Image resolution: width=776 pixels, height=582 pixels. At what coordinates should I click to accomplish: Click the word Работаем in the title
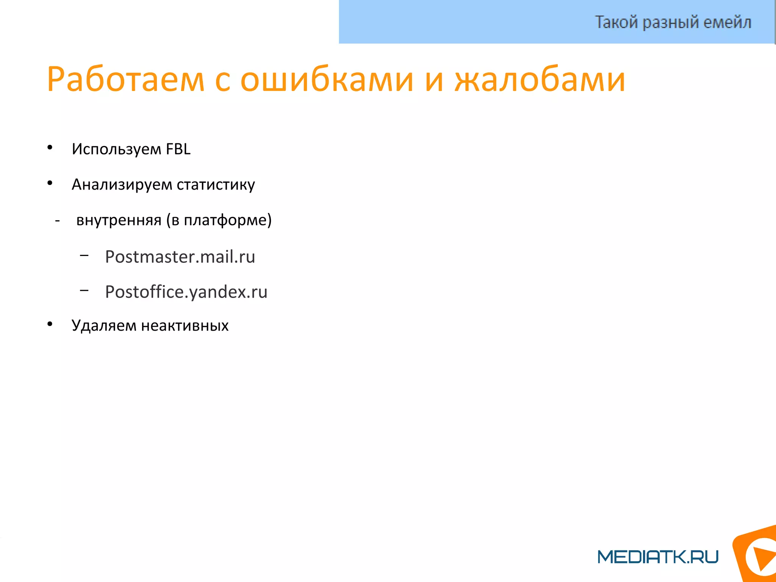coord(125,80)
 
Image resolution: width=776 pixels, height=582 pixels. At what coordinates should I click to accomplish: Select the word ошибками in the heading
coord(327,80)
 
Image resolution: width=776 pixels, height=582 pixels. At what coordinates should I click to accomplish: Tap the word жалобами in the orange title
coord(540,80)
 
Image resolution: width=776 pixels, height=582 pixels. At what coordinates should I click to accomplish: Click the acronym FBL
coord(178,149)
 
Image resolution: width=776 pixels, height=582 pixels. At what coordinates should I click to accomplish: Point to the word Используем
coord(116,149)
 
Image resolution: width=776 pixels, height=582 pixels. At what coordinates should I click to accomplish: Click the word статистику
coord(216,185)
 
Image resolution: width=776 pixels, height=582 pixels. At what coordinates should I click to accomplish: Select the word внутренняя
coord(119,220)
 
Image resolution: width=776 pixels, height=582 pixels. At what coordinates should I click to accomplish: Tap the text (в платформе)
coord(219,220)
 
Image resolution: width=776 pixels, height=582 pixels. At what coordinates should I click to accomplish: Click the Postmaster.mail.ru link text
coord(180,257)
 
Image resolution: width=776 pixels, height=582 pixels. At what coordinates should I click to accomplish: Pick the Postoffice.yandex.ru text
coord(186,292)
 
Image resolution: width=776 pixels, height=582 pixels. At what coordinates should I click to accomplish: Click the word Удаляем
coord(103,326)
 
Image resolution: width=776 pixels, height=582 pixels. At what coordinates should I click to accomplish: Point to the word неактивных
coord(185,326)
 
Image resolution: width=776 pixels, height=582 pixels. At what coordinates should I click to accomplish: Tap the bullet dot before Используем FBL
coord(50,148)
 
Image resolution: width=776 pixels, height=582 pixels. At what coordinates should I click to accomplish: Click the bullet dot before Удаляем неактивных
coord(50,324)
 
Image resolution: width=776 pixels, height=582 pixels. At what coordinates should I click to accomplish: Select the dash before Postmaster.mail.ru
coord(84,256)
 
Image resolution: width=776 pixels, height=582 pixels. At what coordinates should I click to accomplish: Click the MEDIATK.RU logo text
coord(658,557)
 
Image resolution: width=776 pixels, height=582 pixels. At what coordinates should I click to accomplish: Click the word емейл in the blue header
coord(727,22)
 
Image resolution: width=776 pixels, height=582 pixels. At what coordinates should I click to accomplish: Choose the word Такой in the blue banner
coord(616,22)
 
